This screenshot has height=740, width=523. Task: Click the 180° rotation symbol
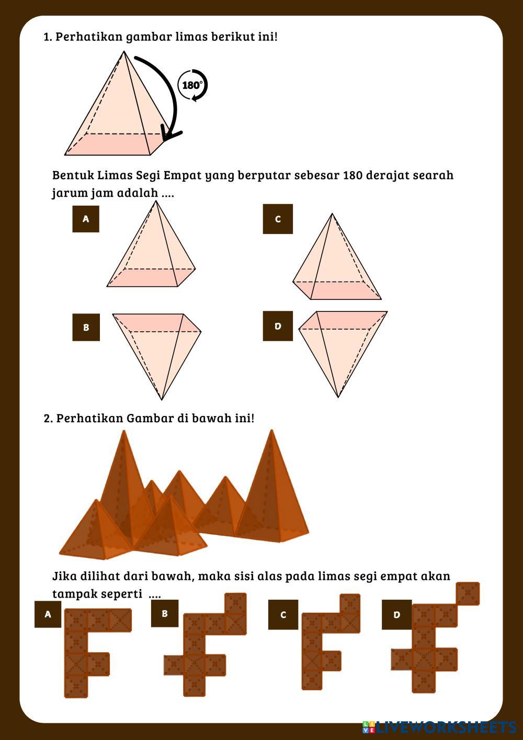(192, 85)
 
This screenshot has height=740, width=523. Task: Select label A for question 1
(86, 219)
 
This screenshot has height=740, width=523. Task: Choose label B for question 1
(86, 328)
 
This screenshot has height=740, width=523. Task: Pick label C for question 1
(278, 219)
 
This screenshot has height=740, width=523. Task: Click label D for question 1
(278, 326)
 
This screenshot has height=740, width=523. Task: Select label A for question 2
(48, 614)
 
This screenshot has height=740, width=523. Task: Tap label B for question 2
(165, 613)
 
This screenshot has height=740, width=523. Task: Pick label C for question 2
(283, 614)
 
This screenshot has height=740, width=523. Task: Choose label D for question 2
(396, 614)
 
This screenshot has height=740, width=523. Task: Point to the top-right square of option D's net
(468, 593)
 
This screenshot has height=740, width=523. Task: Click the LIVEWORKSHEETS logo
(439, 727)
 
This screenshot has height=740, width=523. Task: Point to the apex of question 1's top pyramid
(124, 52)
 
